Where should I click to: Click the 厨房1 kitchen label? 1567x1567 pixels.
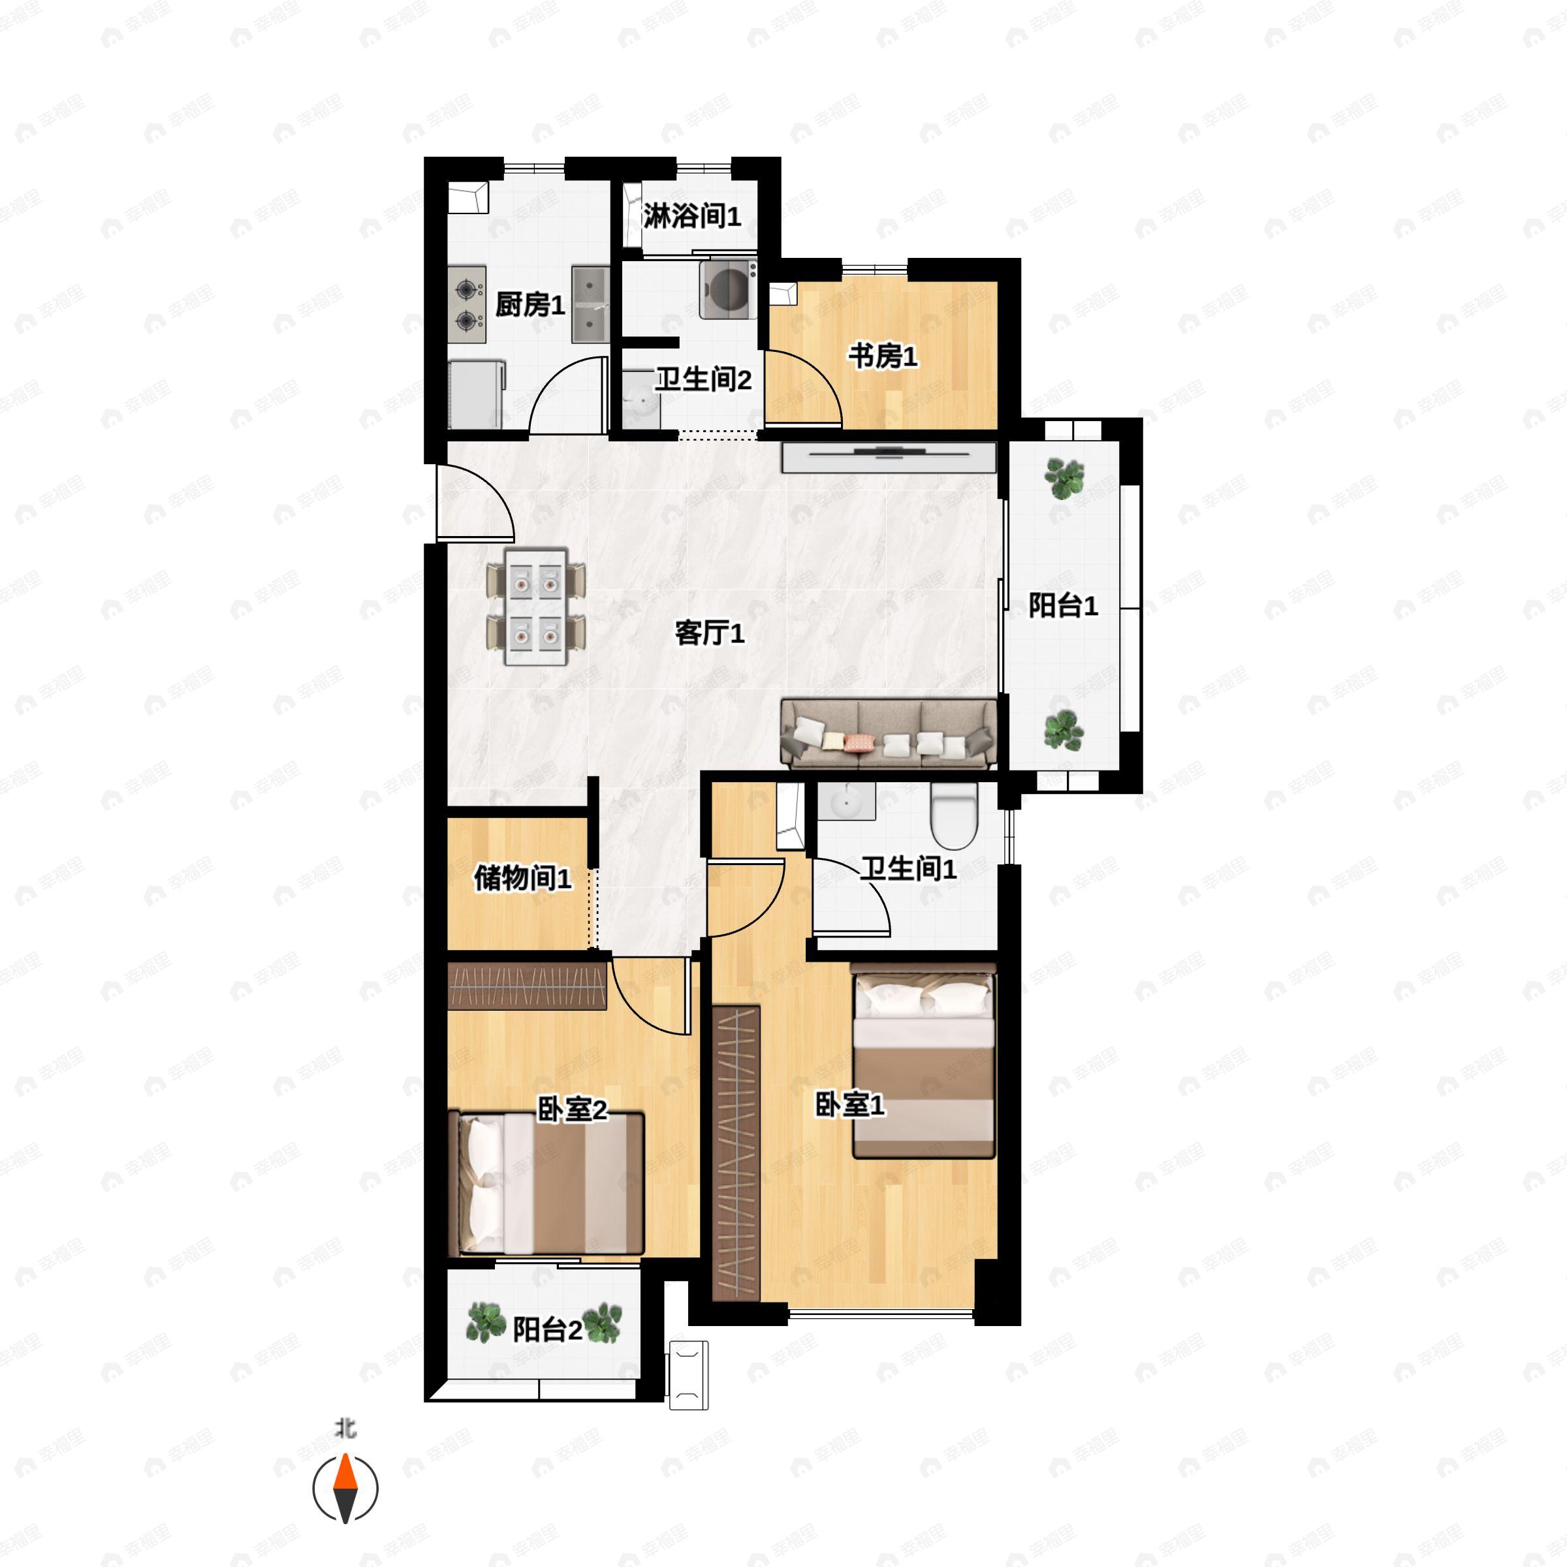530,305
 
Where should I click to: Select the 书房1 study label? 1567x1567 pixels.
883,355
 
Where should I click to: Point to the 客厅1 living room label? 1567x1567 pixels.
710,633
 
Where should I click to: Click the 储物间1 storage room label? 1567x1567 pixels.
522,878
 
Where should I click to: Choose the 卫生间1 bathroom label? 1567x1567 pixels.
908,868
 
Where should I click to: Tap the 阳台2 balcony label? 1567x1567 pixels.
548,1329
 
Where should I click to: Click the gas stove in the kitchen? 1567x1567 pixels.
466,305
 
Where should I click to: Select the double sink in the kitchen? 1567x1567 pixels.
590,305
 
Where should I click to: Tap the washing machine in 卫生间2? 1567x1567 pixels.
727,288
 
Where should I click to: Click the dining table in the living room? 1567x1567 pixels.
535,606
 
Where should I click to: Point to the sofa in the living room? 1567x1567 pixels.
888,734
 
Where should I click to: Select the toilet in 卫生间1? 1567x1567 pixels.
954,815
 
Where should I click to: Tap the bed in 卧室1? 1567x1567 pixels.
923,1062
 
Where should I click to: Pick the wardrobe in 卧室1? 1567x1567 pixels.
736,1152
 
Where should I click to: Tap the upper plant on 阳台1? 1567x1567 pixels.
1064,478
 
